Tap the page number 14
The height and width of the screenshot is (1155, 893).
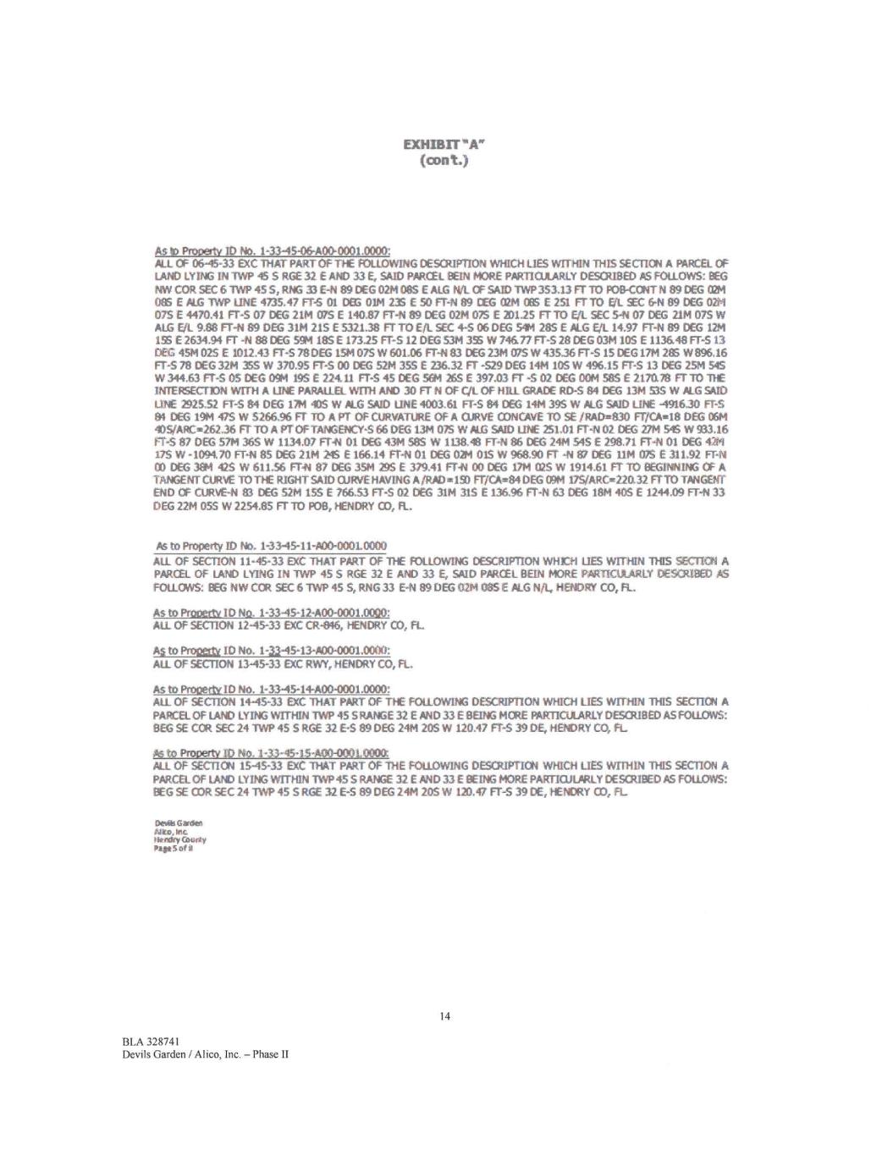click(x=445, y=1015)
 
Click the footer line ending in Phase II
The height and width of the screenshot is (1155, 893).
click(x=206, y=1054)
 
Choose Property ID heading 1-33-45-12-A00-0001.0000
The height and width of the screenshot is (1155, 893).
click(x=271, y=612)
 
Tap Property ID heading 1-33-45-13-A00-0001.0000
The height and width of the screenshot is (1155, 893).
click(x=271, y=650)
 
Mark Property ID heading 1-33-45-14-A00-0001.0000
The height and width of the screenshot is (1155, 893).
click(x=271, y=689)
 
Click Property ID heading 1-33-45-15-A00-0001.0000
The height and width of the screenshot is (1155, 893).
click(x=271, y=752)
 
